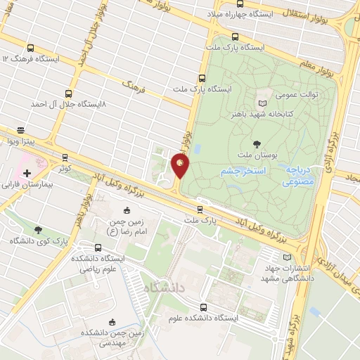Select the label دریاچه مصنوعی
(x=303, y=175)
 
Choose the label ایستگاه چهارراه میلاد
(x=247, y=13)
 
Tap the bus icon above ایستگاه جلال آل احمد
(x=68, y=93)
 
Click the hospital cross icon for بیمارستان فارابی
(x=27, y=173)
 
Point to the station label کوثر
(x=65, y=168)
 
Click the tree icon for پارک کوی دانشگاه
(x=38, y=229)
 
